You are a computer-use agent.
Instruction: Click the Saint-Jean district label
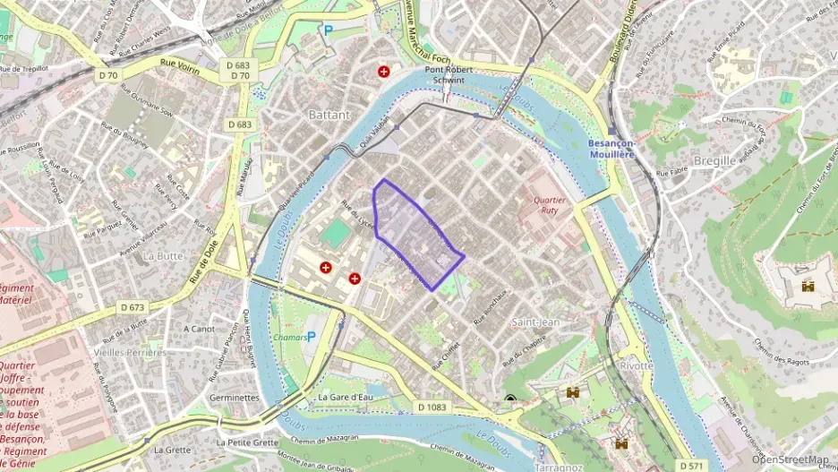[x=535, y=321]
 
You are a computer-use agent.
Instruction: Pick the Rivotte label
[x=637, y=365]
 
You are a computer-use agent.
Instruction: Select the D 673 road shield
[x=132, y=307]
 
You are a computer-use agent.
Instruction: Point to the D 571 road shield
[x=691, y=466]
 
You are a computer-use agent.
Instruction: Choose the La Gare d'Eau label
[x=346, y=397]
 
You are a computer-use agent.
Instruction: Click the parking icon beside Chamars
[x=312, y=337]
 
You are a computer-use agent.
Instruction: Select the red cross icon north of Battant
[x=384, y=71]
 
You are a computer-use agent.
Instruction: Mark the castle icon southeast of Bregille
[x=808, y=286]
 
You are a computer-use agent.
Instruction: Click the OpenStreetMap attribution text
[x=790, y=459]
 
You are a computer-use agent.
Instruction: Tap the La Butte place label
[x=162, y=255]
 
